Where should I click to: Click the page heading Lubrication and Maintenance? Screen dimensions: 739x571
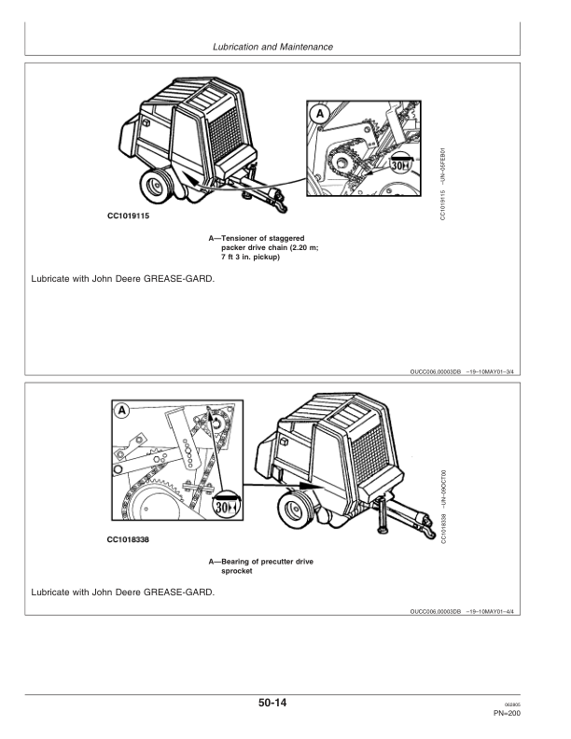(x=285, y=46)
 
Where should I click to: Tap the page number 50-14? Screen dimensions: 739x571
(x=285, y=703)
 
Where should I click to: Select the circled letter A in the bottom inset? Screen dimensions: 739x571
(x=122, y=411)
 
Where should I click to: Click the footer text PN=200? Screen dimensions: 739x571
(x=533, y=713)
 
